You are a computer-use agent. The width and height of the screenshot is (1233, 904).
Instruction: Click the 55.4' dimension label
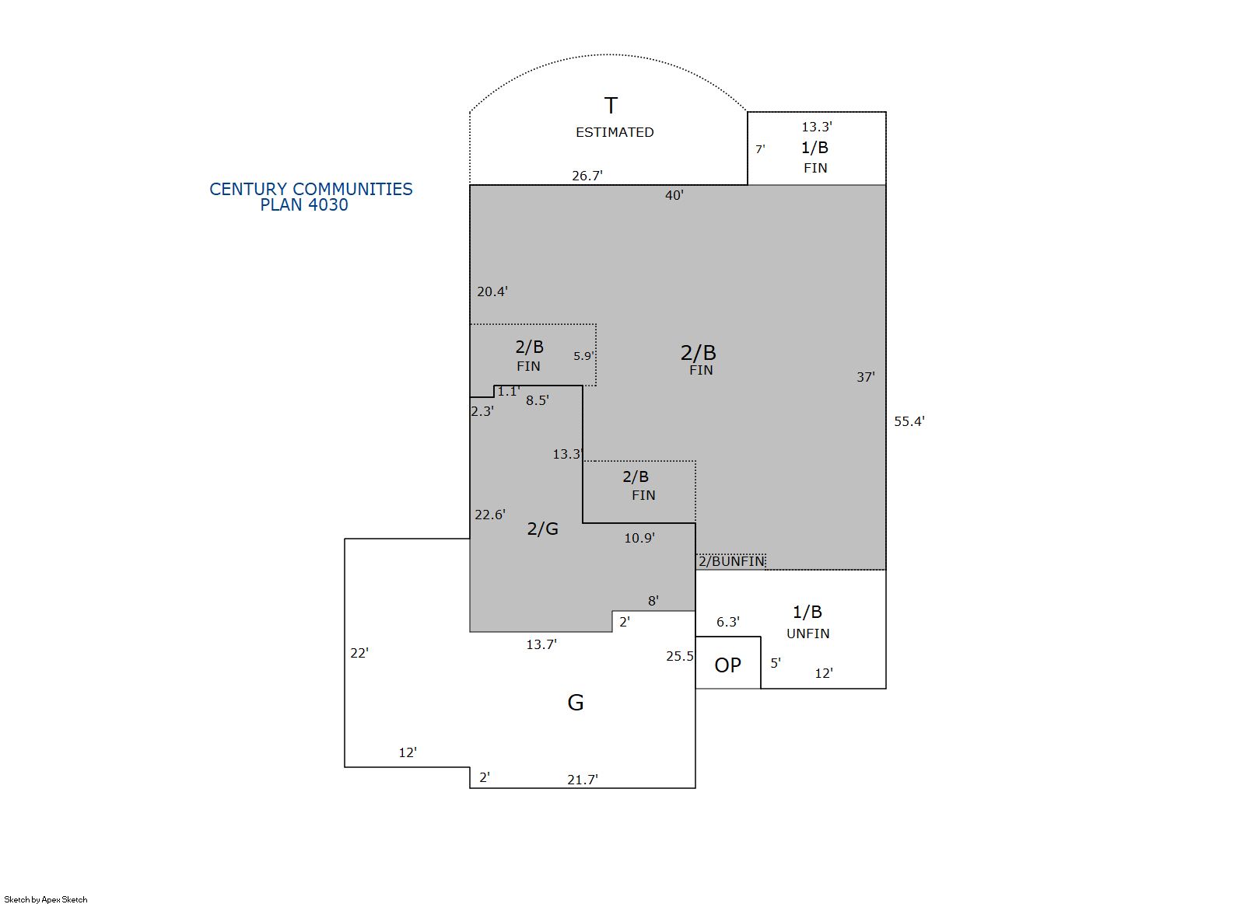[x=909, y=421]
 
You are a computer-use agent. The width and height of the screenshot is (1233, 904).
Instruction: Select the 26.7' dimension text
[x=587, y=176]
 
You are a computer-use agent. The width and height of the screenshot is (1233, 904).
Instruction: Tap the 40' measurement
[x=674, y=195]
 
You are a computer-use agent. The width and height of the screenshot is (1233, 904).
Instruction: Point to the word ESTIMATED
[x=615, y=132]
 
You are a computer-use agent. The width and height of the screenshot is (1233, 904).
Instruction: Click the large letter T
[x=611, y=105]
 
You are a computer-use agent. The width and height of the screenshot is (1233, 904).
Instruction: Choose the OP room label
[x=727, y=665]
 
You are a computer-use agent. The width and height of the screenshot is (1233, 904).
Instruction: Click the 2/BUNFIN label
[x=731, y=561]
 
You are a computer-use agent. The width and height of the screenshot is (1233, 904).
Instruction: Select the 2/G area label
[x=542, y=529]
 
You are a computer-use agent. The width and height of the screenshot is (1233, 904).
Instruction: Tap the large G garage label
[x=575, y=702]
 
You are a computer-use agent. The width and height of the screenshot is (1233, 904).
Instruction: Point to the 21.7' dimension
[x=583, y=779]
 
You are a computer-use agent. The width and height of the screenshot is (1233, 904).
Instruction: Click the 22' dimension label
[x=359, y=653]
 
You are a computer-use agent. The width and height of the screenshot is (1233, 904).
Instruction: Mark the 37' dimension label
[x=865, y=377]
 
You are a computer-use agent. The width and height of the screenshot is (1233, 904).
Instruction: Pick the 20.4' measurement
[x=492, y=291]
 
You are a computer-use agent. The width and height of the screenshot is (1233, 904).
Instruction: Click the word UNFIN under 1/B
[x=807, y=633]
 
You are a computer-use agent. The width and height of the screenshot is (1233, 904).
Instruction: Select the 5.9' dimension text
[x=584, y=356]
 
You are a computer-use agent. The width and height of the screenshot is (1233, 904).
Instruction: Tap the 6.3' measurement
[x=727, y=622]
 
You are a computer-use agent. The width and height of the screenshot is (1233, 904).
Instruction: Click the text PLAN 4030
[x=304, y=204]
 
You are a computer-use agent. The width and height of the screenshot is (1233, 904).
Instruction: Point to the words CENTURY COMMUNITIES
[x=311, y=189]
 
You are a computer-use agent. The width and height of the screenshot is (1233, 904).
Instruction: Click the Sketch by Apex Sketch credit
[x=46, y=899]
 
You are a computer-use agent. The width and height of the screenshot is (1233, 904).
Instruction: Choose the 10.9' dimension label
[x=639, y=538]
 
